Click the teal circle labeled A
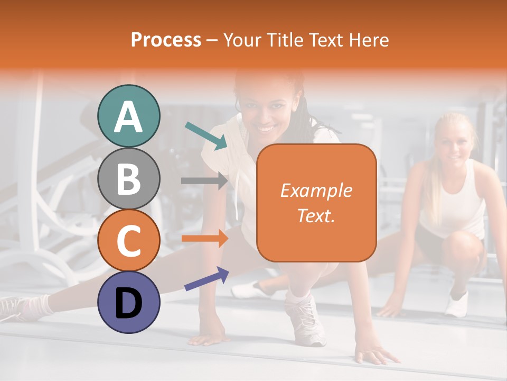pos(128,116)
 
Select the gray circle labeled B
pos(128,178)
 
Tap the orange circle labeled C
pos(128,240)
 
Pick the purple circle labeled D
pos(128,302)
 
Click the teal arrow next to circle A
pos(206,135)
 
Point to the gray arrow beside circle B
pos(204,180)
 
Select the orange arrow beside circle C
pos(204,238)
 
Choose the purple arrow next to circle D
pos(206,279)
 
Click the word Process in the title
pos(166,40)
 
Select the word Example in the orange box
pos(316,190)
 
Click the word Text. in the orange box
pos(316,215)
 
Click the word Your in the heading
pos(242,40)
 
